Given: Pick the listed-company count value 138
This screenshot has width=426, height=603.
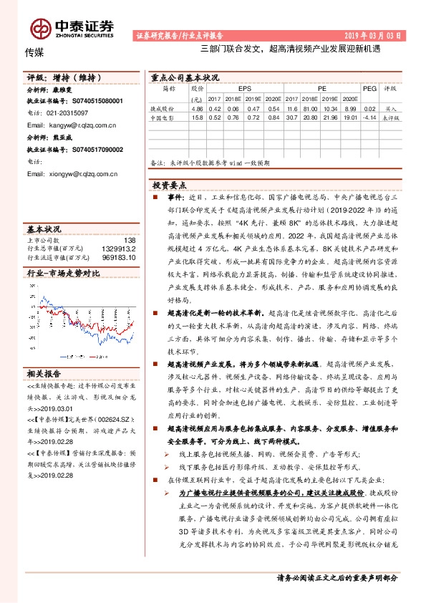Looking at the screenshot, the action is click(x=129, y=240).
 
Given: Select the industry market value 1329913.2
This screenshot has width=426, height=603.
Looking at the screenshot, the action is click(x=120, y=248).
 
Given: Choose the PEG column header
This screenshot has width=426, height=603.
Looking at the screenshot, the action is click(x=369, y=89).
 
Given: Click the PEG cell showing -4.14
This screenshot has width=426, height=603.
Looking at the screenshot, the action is click(x=369, y=117).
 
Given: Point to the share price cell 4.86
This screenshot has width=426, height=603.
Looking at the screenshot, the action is click(x=197, y=107).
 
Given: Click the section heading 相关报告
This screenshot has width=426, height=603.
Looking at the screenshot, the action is click(x=44, y=374).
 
